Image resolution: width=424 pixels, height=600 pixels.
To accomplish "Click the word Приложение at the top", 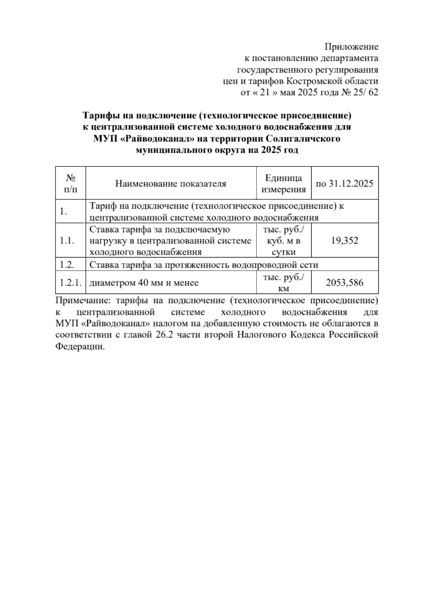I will coord(351,47).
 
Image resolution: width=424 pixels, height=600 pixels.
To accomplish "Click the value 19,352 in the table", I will coord(344,241).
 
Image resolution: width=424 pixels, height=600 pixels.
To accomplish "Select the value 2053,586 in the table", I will coord(344,283).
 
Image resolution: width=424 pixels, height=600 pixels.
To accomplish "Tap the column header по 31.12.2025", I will coord(344,184).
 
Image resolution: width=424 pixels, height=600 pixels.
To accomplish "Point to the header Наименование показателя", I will coord(171,184).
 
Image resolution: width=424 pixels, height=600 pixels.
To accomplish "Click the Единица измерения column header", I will coord(283,184).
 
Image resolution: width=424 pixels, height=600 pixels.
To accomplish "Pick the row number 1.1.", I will coord(67,241).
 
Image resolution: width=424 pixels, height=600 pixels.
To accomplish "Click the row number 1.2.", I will coord(67,265).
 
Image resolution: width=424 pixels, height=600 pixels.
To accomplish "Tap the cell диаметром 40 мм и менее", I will coord(144,283).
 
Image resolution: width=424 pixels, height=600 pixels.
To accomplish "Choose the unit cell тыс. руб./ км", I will coord(283,283).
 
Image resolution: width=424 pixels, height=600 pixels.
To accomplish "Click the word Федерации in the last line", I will coord(80,346).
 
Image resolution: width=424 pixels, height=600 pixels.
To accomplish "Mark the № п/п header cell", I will coord(71,184).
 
